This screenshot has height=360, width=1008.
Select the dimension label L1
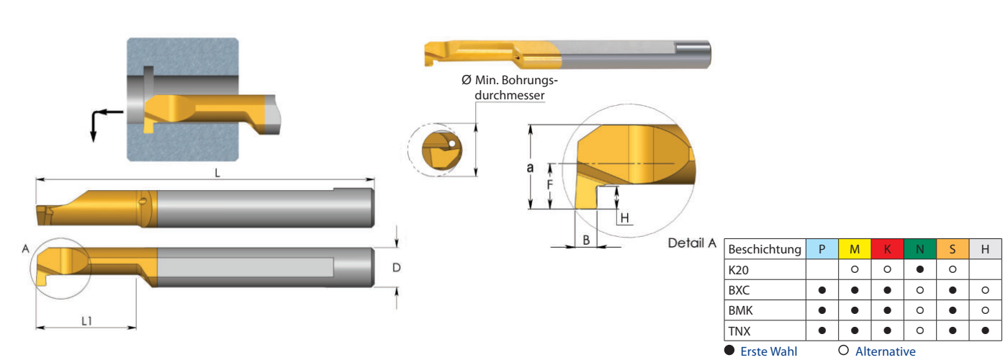click(x=86, y=321)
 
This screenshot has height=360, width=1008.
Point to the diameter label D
click(x=396, y=268)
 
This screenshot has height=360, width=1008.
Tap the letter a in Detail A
click(x=531, y=167)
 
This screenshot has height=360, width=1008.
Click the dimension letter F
click(x=549, y=185)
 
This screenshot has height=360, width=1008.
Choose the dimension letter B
click(x=586, y=240)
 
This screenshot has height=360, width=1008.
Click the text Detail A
click(x=692, y=243)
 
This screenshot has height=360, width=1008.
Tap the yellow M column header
click(x=854, y=249)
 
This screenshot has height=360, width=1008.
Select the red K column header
click(x=887, y=249)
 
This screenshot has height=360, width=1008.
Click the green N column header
click(x=919, y=249)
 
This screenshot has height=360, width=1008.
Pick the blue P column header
click(x=822, y=249)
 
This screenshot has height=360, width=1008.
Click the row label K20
click(x=739, y=269)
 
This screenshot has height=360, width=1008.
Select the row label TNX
click(x=740, y=331)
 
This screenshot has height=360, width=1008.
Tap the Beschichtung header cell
click(x=765, y=249)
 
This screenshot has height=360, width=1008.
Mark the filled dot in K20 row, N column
click(x=919, y=269)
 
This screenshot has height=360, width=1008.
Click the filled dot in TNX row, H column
click(x=984, y=331)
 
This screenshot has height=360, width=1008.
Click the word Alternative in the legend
click(x=885, y=351)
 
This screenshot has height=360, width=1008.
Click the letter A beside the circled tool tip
click(x=25, y=248)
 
